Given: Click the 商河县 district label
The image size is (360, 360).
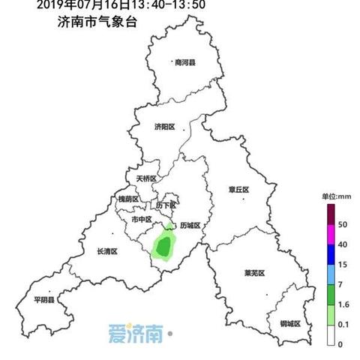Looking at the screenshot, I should [x=184, y=63].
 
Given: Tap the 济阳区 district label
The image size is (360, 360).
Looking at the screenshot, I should [x=164, y=127].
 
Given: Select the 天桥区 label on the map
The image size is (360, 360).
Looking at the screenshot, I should [x=146, y=178].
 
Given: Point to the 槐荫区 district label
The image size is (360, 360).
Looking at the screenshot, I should [x=129, y=199].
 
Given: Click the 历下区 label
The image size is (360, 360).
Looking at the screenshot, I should [x=166, y=205].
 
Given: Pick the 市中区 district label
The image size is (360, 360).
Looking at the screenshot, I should [x=142, y=220].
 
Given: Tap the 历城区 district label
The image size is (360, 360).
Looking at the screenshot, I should [x=192, y=225].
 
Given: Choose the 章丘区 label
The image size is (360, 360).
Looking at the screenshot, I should [x=239, y=190].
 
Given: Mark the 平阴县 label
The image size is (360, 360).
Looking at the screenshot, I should [x=44, y=300].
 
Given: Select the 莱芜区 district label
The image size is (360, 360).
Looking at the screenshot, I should [x=255, y=272].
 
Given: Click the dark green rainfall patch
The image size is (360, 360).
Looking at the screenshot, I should [x=163, y=245].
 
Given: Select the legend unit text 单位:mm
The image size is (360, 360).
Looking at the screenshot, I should [x=337, y=196].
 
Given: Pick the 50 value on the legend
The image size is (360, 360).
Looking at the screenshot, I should [x=342, y=225].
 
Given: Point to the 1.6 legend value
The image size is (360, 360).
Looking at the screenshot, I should [x=343, y=304].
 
